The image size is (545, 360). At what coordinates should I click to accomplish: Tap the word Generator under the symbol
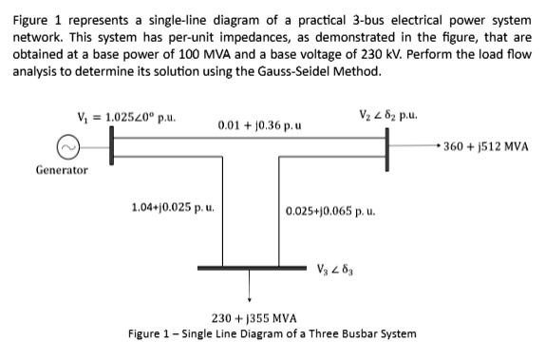click(x=62, y=171)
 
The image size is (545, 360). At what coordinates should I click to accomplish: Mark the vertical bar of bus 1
click(x=111, y=148)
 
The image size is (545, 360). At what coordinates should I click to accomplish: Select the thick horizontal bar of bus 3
click(x=251, y=268)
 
